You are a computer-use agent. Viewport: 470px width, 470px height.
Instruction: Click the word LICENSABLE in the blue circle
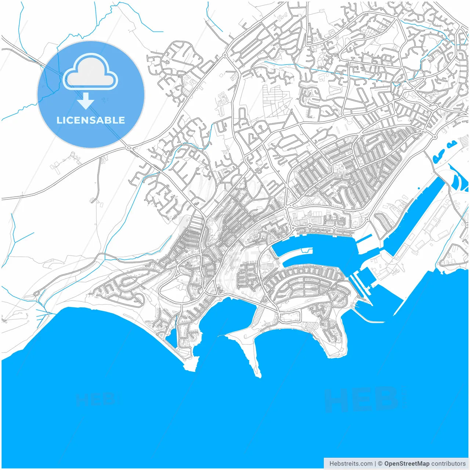pyautogui.click(x=91, y=120)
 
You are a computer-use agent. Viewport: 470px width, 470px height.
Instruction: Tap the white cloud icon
pyautogui.click(x=90, y=72)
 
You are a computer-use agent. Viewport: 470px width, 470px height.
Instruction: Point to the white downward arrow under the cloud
pyautogui.click(x=86, y=101)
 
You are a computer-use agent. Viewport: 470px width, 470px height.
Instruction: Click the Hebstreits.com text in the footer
pyautogui.click(x=351, y=464)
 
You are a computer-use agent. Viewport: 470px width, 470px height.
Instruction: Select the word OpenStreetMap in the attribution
pyautogui.click(x=406, y=464)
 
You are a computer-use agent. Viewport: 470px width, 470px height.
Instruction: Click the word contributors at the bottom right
pyautogui.click(x=448, y=464)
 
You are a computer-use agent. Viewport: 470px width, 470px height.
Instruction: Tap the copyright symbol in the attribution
pyautogui.click(x=380, y=464)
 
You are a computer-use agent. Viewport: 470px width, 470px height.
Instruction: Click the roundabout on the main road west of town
pyautogui.click(x=129, y=148)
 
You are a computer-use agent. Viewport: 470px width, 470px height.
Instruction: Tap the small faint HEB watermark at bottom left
pyautogui.click(x=96, y=399)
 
